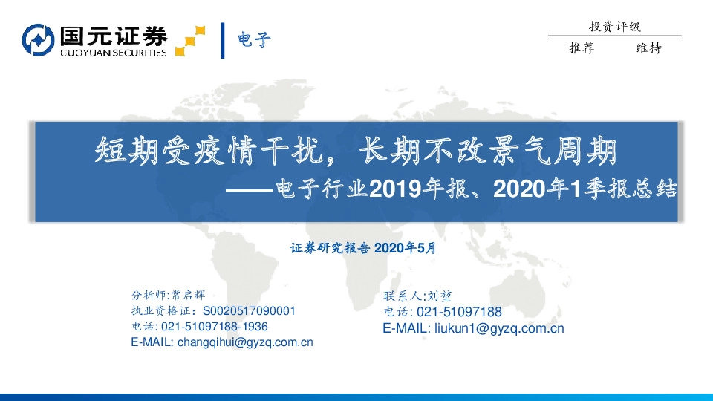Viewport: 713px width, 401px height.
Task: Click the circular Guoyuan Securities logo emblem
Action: point(38,40)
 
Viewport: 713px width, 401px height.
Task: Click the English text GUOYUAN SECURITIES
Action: point(112,52)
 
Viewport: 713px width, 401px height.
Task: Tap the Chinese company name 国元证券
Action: point(113,35)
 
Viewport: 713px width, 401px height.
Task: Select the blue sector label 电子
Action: point(254,39)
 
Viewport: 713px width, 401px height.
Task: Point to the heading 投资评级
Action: point(614,27)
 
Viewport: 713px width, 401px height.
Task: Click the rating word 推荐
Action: point(581,48)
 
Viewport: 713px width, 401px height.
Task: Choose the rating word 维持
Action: point(648,48)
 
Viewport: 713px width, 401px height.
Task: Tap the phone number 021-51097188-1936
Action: point(215,326)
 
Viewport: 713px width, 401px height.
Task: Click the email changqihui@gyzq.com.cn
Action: point(245,342)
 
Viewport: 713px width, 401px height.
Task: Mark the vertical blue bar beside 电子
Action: point(223,40)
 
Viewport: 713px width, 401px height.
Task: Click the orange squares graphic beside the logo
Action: point(190,40)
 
